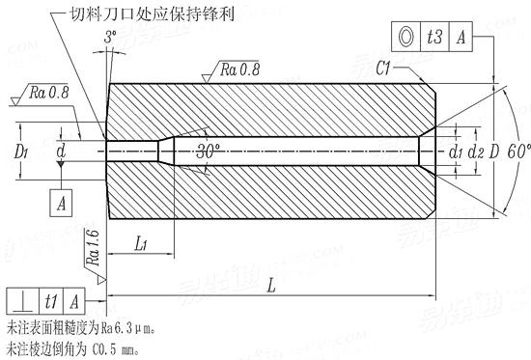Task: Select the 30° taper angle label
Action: click(x=208, y=152)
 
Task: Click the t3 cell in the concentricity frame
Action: click(x=434, y=36)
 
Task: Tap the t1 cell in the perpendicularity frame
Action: click(x=51, y=300)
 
